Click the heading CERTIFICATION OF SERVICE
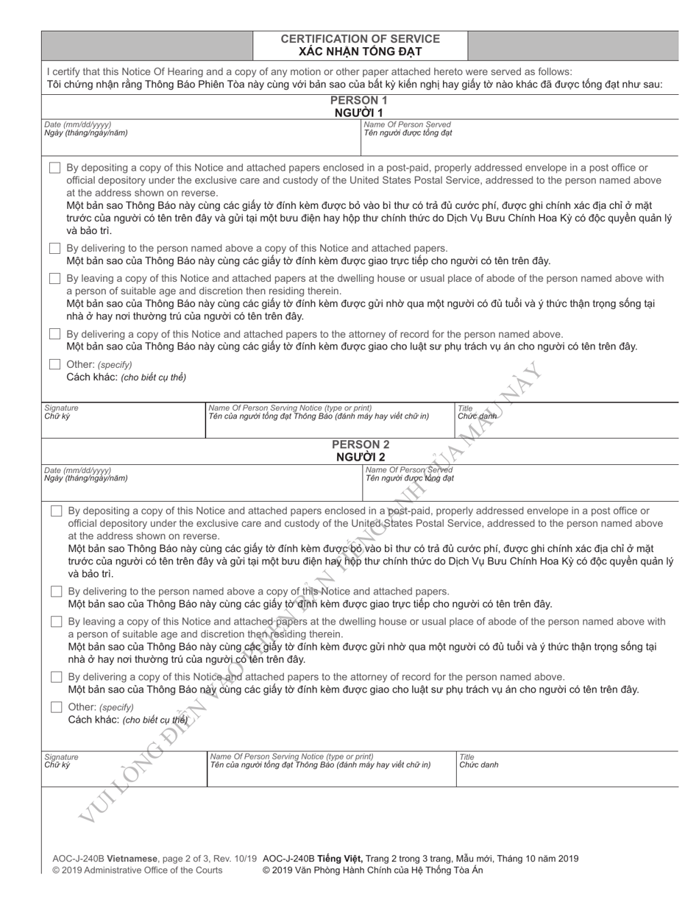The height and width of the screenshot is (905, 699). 361,39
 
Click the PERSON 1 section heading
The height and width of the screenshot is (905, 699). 359,100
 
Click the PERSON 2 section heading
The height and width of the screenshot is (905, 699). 361,444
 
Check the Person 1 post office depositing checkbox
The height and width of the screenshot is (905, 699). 55,168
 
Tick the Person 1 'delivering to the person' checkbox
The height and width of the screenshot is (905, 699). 55,249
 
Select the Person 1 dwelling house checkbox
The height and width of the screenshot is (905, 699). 55,279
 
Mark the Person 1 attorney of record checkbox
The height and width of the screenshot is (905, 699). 55,334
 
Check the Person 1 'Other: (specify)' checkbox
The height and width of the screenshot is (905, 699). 55,364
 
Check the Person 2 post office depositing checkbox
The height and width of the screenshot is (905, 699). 57,511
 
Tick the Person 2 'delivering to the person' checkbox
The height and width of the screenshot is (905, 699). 57,592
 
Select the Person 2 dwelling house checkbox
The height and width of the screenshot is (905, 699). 57,622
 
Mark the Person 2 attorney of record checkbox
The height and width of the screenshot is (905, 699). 57,677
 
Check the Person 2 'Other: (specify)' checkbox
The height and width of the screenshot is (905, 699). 57,707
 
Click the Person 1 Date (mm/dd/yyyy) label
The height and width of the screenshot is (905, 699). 78,124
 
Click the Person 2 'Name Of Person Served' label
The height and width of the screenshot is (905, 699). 409,469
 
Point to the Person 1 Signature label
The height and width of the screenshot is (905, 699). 61,408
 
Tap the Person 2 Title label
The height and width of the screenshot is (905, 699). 467,756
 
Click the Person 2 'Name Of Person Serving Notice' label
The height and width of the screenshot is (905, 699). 291,756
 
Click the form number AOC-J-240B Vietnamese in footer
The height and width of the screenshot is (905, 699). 105,858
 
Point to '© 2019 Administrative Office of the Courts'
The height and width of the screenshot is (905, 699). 137,870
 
